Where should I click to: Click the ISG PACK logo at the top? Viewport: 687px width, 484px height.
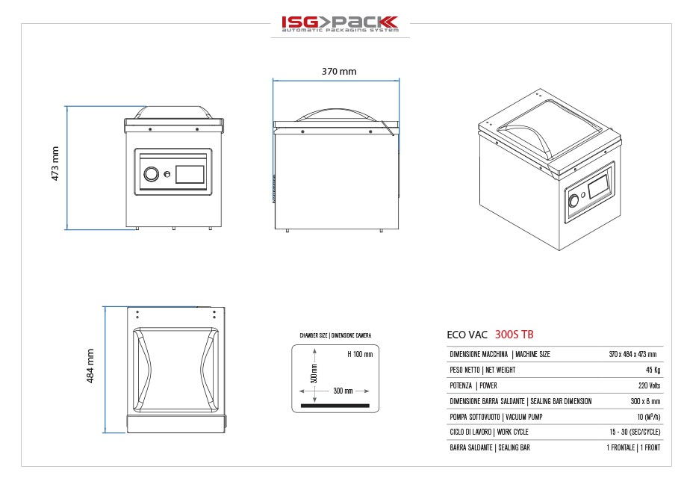(340, 24)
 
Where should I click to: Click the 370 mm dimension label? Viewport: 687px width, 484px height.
(339, 72)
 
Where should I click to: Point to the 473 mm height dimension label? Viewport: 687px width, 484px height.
(55, 167)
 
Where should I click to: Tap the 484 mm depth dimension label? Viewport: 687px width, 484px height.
(90, 367)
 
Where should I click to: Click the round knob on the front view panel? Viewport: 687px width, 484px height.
(151, 174)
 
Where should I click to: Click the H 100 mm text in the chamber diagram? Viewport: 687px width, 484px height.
(360, 354)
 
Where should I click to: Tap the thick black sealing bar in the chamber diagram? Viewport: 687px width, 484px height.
(335, 406)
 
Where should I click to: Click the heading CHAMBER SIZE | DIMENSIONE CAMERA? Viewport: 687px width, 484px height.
(335, 336)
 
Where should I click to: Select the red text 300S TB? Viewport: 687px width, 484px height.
(515, 334)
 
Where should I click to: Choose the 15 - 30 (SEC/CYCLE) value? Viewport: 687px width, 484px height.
(635, 432)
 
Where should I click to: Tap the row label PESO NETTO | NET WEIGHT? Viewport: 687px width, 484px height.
(482, 370)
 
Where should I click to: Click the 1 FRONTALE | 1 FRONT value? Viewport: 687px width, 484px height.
(633, 448)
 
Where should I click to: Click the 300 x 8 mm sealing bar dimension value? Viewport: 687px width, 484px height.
(643, 401)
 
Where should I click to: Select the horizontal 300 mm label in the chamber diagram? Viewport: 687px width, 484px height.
(343, 391)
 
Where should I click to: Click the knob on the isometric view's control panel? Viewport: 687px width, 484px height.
(574, 202)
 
